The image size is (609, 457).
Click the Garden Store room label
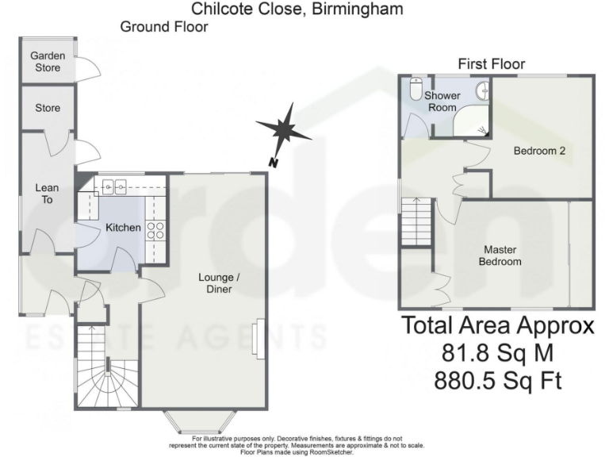point(48,62)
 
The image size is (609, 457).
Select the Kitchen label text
point(123,228)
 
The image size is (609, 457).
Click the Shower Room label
point(441,102)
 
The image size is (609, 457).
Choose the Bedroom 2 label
point(538,151)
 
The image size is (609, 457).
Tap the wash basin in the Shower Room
point(481,91)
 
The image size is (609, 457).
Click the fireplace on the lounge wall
point(256,339)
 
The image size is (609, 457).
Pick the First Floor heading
point(491,64)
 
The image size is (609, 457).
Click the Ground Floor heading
point(164,27)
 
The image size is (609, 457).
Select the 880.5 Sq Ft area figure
point(498,382)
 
